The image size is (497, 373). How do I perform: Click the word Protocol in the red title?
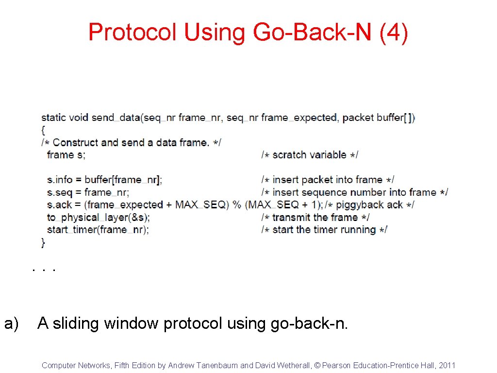133,33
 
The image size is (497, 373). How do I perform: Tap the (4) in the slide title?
394,33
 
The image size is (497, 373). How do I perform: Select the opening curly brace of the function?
44,130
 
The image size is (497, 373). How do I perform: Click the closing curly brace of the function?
44,242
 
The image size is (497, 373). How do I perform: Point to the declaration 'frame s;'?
66,155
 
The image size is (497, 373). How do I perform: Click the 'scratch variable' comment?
310,155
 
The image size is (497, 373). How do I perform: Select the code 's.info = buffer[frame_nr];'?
104,180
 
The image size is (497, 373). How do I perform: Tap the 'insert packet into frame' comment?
328,180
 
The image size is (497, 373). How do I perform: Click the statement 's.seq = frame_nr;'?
88,192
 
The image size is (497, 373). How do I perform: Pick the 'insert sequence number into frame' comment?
354,192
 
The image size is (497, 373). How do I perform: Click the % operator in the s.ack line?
237,205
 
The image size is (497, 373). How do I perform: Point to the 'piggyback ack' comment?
369,205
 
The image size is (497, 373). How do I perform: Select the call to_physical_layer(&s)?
99,218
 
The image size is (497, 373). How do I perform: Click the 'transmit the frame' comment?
315,218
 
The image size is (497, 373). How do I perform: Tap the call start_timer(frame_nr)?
98,230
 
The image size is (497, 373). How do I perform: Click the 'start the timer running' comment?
324,230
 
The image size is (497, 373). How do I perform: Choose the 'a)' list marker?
11,323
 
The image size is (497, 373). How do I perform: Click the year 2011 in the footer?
447,365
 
